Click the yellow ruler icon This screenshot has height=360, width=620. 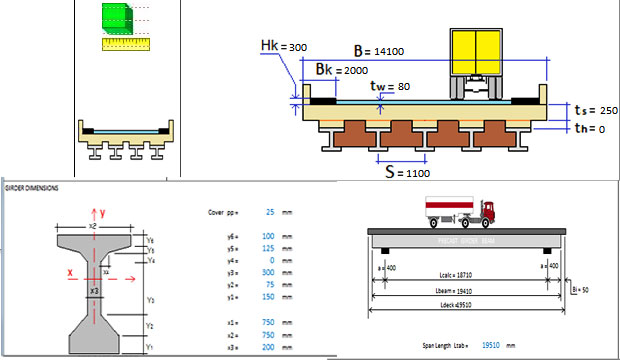pos(117,43)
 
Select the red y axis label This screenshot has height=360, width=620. pos(102,212)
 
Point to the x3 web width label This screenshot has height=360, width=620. pos(94,290)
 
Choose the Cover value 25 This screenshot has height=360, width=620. pos(271,213)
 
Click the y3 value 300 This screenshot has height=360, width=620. pos(271,272)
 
